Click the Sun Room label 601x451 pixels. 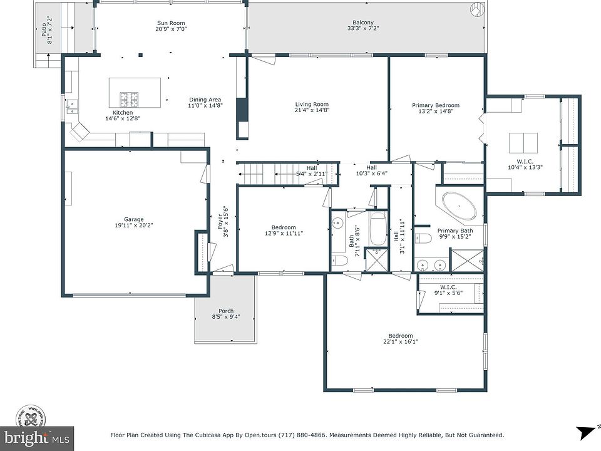pyautogui.click(x=171, y=23)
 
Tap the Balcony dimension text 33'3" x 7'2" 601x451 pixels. pyautogui.click(x=363, y=28)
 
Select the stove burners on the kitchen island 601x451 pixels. pyautogui.click(x=130, y=100)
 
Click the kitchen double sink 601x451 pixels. pyautogui.click(x=71, y=107)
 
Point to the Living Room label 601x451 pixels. pyautogui.click(x=312, y=105)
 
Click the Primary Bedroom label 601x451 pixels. pyautogui.click(x=436, y=105)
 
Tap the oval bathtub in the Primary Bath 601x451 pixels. pyautogui.click(x=460, y=206)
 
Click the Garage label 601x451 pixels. pyautogui.click(x=134, y=219)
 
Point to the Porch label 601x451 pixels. pyautogui.click(x=226, y=311)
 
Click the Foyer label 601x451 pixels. pyautogui.click(x=220, y=222)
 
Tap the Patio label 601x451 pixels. pyautogui.click(x=44, y=30)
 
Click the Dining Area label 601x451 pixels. pyautogui.click(x=205, y=100)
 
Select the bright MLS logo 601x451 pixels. pyautogui.click(x=37, y=438)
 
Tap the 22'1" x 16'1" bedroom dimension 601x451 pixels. pyautogui.click(x=401, y=342)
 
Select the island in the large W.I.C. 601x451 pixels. pyautogui.click(x=523, y=143)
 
